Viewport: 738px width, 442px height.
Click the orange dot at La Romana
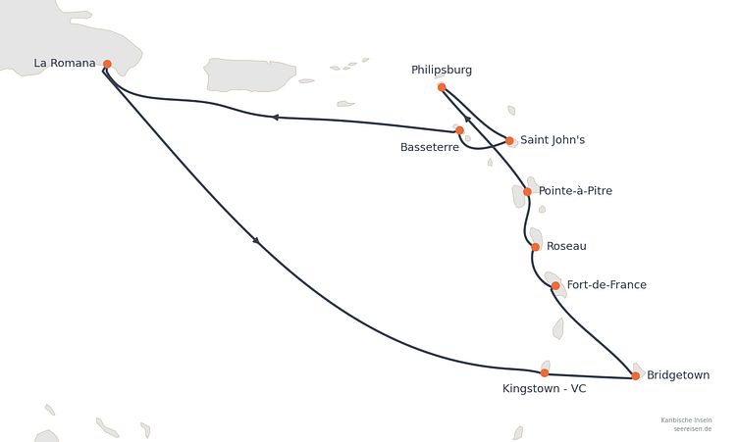pos(107,64)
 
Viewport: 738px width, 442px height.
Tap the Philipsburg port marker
pos(442,87)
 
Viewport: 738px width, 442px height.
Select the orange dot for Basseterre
pos(459,130)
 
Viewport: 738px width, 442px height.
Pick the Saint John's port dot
pos(509,140)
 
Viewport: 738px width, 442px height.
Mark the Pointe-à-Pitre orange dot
pos(527,191)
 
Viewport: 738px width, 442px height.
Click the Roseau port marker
pos(535,247)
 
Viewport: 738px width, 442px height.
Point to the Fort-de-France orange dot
pos(555,285)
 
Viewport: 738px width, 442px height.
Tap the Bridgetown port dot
pos(635,375)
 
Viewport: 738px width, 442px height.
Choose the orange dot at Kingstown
pos(544,372)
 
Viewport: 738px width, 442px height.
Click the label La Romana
pos(65,63)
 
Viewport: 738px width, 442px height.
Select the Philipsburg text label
pos(442,70)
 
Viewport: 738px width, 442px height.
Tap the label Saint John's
pos(553,139)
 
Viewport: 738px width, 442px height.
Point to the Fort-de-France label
pos(606,284)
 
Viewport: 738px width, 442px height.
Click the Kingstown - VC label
pos(544,388)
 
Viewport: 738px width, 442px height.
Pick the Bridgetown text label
pos(678,375)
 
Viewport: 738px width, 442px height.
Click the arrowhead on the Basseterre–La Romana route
pos(276,117)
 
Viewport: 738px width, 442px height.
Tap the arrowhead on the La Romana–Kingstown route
pos(256,241)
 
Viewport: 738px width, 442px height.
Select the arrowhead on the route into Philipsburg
pos(466,118)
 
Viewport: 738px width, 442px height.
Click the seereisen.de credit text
pos(692,429)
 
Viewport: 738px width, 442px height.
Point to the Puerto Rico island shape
pos(250,74)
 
